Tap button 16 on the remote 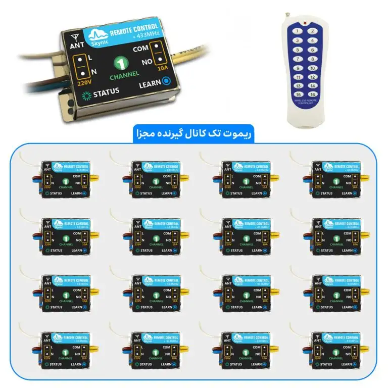(x=313, y=94)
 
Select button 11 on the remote (x=299, y=77)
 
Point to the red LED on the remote (x=305, y=23)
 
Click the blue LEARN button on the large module (x=165, y=82)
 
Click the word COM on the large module (x=139, y=50)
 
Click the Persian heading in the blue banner (x=194, y=135)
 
